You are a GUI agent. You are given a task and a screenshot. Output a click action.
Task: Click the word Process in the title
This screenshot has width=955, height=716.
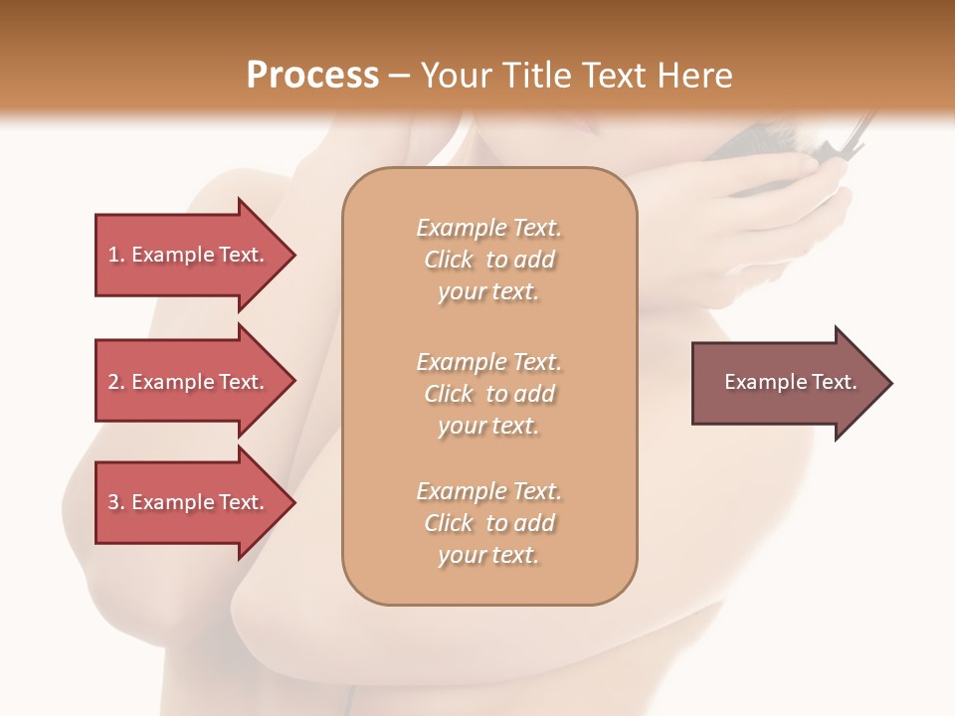(x=312, y=75)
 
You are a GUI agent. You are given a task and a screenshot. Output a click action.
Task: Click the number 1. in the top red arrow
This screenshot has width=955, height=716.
(x=116, y=255)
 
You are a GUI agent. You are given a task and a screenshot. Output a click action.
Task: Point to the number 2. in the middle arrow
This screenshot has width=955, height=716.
(x=116, y=382)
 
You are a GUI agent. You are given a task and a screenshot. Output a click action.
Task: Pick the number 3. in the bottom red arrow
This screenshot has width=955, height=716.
(x=116, y=502)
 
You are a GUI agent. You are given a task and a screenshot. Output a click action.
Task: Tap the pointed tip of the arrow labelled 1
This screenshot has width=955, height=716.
(x=293, y=255)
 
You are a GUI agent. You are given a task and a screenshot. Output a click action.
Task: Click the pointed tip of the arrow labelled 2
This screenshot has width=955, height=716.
(x=293, y=382)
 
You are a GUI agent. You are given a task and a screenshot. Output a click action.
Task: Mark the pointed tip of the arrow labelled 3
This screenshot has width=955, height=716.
(x=293, y=502)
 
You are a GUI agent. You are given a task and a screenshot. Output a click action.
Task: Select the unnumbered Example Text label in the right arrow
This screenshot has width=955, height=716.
(x=790, y=382)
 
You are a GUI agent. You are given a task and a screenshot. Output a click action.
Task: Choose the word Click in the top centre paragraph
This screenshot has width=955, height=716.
(x=449, y=260)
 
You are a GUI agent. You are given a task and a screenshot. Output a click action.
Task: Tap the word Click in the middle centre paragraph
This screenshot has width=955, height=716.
(x=449, y=394)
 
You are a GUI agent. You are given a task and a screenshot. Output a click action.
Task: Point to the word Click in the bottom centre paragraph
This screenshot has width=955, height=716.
(x=449, y=523)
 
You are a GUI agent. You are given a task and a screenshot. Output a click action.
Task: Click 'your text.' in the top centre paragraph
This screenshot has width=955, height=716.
(x=488, y=292)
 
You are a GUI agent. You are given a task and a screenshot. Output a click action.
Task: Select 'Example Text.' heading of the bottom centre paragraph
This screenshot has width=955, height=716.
(x=488, y=491)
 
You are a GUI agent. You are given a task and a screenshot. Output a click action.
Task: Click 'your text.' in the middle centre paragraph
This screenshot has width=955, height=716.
(x=488, y=427)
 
